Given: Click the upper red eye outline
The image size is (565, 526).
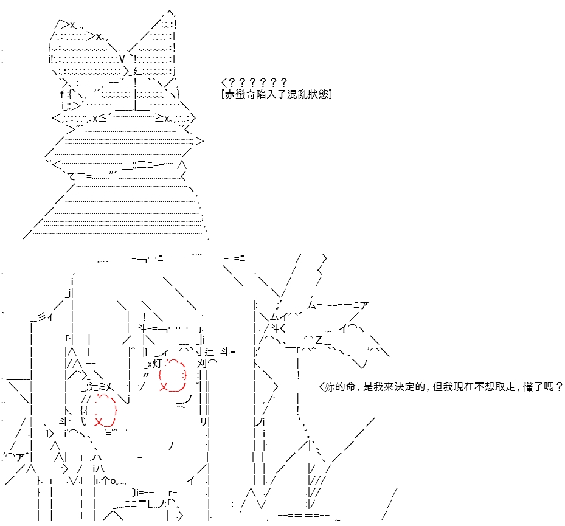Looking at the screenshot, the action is [173, 375].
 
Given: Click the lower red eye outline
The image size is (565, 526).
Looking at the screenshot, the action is [105, 410].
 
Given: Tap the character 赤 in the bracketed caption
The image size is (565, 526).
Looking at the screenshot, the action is [230, 94].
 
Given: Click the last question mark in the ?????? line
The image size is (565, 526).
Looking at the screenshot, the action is [283, 83].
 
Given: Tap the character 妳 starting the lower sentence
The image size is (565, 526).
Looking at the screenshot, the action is [330, 387].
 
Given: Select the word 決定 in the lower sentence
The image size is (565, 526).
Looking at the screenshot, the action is [399, 387].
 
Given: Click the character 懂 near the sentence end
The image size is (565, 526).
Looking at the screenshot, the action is [529, 387].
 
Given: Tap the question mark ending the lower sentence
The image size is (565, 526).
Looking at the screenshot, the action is [559, 387].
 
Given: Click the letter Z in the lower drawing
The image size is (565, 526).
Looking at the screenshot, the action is [319, 339].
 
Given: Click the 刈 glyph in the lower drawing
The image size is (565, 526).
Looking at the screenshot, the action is [202, 363].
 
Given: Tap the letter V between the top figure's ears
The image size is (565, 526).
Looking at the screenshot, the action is [122, 59].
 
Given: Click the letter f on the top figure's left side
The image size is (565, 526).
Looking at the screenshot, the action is [62, 94].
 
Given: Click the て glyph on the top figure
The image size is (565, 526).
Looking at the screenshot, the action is [72, 176].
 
